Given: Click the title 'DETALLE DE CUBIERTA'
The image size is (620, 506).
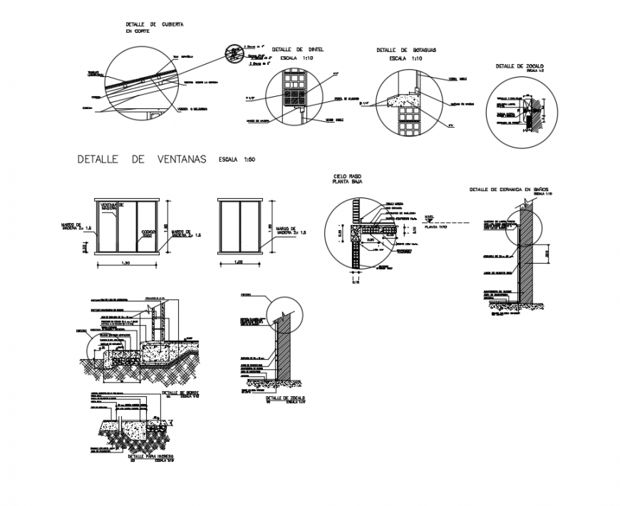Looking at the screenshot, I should coord(155,24).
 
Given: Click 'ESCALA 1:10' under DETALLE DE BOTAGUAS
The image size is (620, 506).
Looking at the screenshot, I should coord(406,59).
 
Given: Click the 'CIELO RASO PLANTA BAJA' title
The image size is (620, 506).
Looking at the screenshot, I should coord(348,178).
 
